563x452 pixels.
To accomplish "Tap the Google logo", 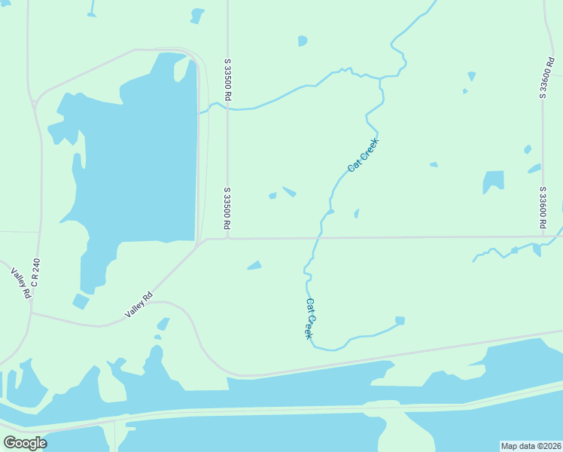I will tap(25, 443).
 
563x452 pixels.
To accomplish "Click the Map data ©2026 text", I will tap(531, 446).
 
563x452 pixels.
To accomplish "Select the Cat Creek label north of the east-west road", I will tap(363, 155).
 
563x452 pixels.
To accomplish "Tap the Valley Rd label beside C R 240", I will tap(20, 283).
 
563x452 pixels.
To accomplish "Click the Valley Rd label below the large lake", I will tap(138, 304).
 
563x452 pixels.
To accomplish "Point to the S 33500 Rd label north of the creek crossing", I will tap(227, 79).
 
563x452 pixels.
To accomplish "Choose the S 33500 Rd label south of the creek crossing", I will tap(227, 208).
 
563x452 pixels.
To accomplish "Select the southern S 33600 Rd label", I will tap(542, 208).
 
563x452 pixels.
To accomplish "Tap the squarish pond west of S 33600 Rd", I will tap(494, 181).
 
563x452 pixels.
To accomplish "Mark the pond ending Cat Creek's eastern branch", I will tap(400, 321).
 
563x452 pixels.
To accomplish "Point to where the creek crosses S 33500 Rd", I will tap(227, 109).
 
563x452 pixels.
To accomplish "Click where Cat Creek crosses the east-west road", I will tap(318, 238).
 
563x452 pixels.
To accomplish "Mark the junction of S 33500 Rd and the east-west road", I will tap(227, 239).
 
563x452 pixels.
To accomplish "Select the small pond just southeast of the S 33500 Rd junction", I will tap(254, 265).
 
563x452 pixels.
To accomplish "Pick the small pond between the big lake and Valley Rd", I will tap(81, 301).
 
